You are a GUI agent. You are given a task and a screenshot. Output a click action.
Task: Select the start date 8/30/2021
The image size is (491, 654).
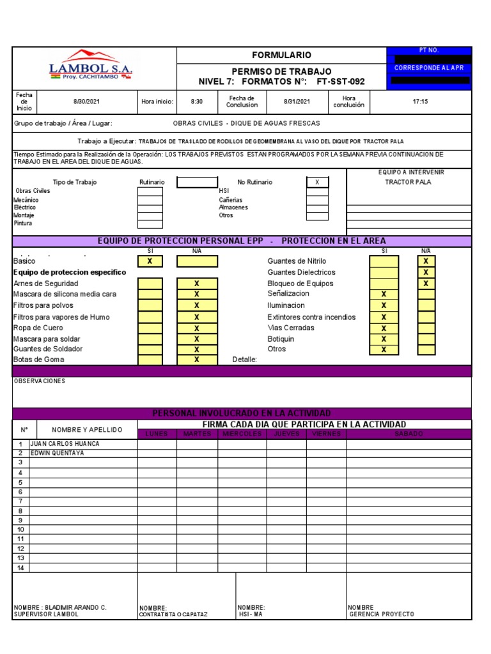[87, 101]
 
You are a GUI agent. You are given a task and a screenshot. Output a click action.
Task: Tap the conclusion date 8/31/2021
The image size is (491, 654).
[297, 101]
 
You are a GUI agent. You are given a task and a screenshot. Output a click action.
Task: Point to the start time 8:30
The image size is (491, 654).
[197, 101]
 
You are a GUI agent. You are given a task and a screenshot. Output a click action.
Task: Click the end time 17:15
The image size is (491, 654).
[421, 101]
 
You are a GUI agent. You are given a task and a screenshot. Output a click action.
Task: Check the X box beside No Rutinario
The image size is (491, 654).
[316, 182]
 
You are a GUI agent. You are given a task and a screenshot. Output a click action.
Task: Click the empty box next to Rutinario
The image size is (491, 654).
[197, 182]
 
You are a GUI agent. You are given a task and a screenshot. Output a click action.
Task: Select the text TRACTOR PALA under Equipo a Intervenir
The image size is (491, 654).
[408, 182]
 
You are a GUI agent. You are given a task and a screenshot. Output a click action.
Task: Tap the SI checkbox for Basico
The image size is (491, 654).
[150, 261]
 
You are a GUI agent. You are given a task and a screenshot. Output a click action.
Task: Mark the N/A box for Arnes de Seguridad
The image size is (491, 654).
[197, 283]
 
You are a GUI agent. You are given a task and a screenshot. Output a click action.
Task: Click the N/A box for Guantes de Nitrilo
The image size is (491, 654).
[426, 261]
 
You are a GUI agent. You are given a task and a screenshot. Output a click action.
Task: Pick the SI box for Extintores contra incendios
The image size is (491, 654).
[384, 317]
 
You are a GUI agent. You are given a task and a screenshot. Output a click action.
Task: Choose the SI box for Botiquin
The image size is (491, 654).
[384, 339]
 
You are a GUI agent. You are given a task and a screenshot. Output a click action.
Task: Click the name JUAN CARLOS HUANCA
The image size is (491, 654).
[65, 444]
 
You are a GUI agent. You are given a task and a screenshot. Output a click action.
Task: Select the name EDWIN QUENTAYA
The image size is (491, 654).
[58, 453]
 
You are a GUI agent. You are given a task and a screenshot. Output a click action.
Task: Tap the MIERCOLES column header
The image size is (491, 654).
[242, 434]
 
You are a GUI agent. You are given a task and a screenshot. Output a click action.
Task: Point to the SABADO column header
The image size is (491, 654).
[409, 434]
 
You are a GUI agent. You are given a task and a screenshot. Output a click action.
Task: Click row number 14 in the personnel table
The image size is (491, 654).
[20, 568]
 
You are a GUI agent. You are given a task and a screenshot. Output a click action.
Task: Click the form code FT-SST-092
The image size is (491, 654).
[341, 82]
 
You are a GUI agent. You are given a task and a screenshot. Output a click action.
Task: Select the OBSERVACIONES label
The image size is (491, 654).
[40, 381]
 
